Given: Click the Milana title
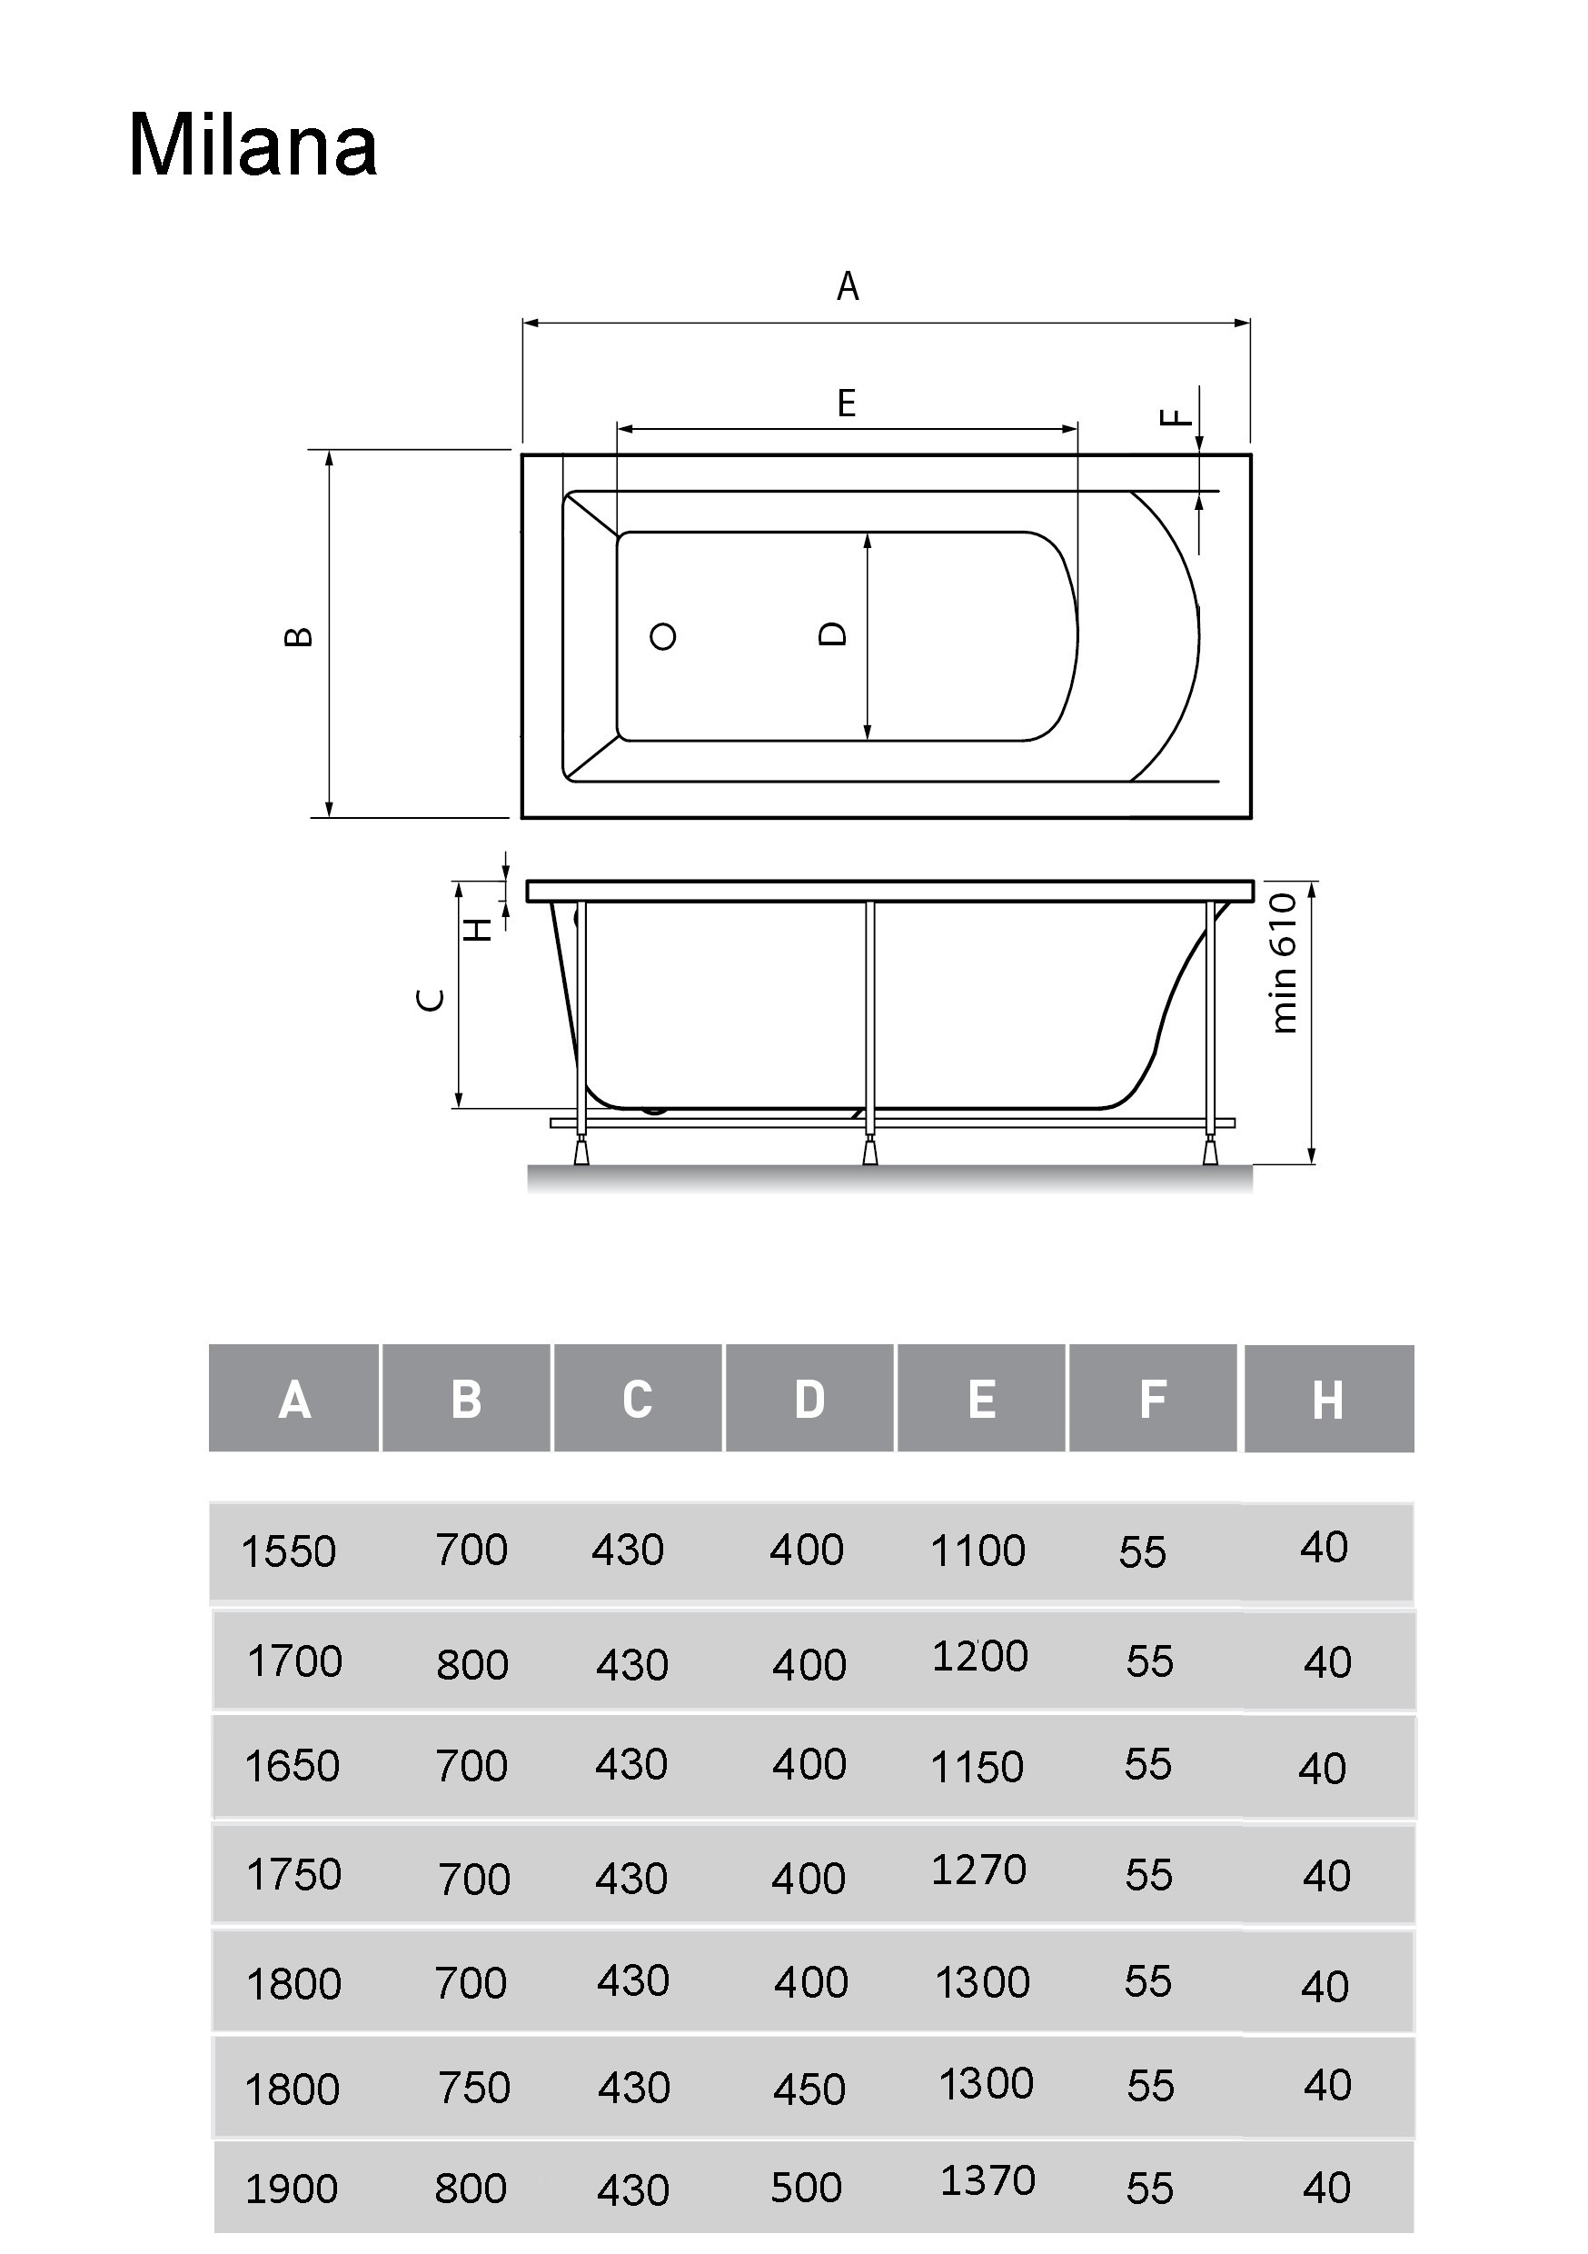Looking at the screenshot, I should tap(253, 146).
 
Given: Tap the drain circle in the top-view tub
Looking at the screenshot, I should tap(662, 636).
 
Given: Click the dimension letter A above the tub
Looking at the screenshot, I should tap(847, 286).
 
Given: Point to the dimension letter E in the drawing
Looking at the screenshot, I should tap(846, 404).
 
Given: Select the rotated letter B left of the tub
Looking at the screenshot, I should tap(298, 636).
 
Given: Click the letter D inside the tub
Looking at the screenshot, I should tap(832, 634).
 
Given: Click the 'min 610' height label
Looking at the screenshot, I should tap(1284, 962).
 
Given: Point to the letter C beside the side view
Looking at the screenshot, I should tap(431, 1000).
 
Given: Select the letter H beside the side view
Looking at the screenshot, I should tap(478, 929).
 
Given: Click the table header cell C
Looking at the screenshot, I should tap(637, 1399).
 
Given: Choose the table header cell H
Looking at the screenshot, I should tap(1328, 1400).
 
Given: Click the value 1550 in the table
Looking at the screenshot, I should tap(289, 1552).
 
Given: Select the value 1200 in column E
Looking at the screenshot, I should tap(979, 1656).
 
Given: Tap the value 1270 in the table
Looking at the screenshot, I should tap(978, 1870).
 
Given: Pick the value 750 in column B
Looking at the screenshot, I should tap(474, 2087).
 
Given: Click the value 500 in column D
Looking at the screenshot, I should tap(807, 2188).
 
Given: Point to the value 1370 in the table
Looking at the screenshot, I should tap(988, 2180).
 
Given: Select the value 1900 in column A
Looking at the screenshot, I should tap(292, 2189).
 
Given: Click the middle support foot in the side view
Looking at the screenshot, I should tap(869, 1151).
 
